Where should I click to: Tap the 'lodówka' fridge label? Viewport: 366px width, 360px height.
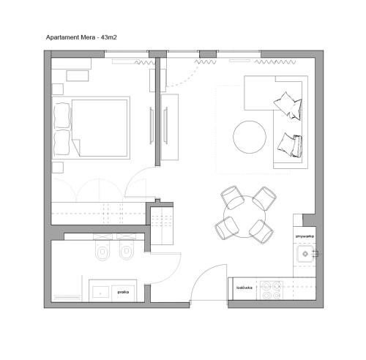(x=244, y=288)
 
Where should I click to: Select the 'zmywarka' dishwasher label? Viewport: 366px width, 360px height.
(x=305, y=238)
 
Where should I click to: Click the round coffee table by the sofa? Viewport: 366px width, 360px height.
(x=250, y=136)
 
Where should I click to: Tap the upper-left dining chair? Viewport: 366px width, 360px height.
(x=232, y=197)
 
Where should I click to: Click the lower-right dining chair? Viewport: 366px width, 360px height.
(x=261, y=230)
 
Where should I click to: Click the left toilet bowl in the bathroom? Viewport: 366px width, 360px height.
(x=100, y=253)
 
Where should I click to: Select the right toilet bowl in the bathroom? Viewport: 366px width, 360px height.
(x=127, y=253)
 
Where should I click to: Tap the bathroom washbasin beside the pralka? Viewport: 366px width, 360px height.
(x=100, y=290)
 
